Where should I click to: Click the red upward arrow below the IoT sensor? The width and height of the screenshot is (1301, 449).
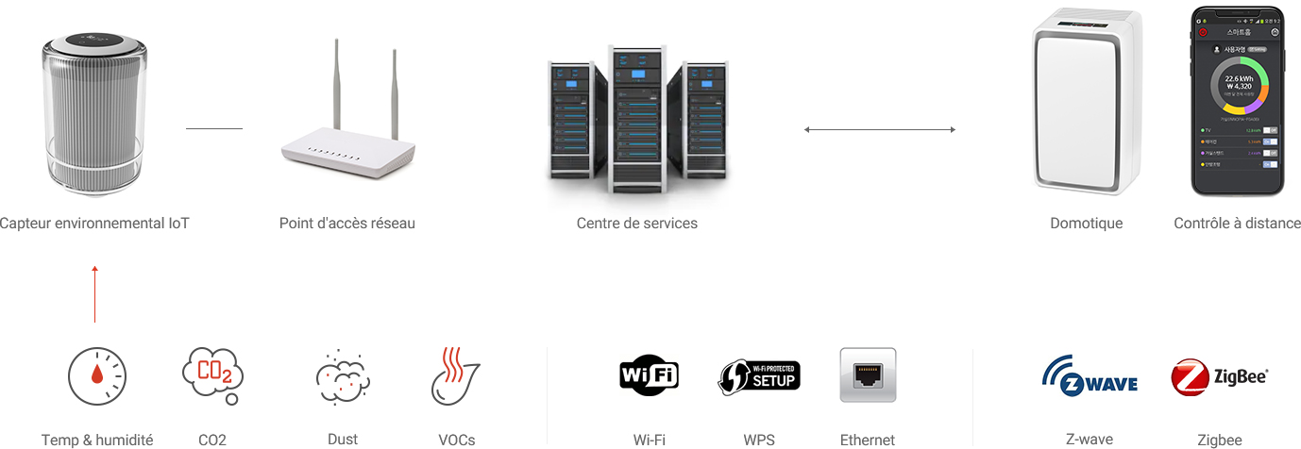point(94,294)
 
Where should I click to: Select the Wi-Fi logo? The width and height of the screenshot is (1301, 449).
point(649,375)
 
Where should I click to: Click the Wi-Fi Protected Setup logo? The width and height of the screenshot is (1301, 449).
point(759,375)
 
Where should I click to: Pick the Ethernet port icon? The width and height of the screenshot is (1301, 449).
point(868,375)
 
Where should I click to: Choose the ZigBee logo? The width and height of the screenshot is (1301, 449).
point(1219,376)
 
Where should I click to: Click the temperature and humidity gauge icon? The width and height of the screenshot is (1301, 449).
point(96,376)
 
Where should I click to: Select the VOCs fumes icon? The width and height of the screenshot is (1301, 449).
point(455,376)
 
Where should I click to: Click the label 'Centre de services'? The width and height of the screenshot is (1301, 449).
point(636,224)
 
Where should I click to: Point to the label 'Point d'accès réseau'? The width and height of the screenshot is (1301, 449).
point(346,224)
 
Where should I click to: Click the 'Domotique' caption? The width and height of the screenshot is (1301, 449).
point(1086,224)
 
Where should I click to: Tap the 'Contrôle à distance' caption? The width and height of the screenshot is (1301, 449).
point(1237,224)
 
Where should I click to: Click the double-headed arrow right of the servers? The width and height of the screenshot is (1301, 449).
point(879,129)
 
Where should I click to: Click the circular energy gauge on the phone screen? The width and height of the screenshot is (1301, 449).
point(1237,88)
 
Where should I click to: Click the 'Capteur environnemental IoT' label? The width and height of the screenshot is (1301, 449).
point(94,224)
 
